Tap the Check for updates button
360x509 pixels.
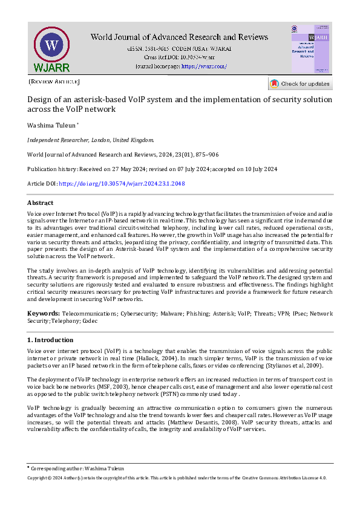tap(300, 84)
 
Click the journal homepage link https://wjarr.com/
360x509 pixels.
tap(204, 66)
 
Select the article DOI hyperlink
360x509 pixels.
tap(122, 184)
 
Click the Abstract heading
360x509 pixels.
tap(41, 203)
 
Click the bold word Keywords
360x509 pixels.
tap(43, 314)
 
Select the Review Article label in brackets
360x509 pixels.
tap(54, 82)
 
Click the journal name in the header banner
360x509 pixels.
tap(179, 37)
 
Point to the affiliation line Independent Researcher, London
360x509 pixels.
tap(91, 139)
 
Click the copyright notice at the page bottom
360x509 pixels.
tap(177, 478)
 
